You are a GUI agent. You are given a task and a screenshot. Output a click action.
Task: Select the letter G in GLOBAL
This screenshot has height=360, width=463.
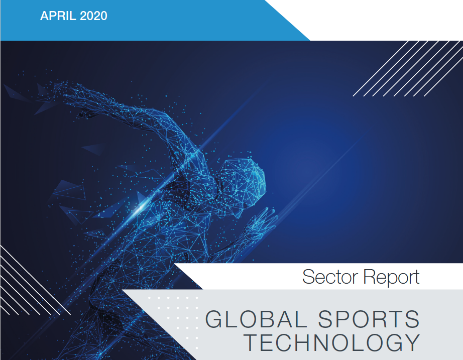[214, 319]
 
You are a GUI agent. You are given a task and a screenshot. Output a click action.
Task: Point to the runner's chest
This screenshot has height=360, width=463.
[201, 211]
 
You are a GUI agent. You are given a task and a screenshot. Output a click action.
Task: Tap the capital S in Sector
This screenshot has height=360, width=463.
[309, 277]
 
